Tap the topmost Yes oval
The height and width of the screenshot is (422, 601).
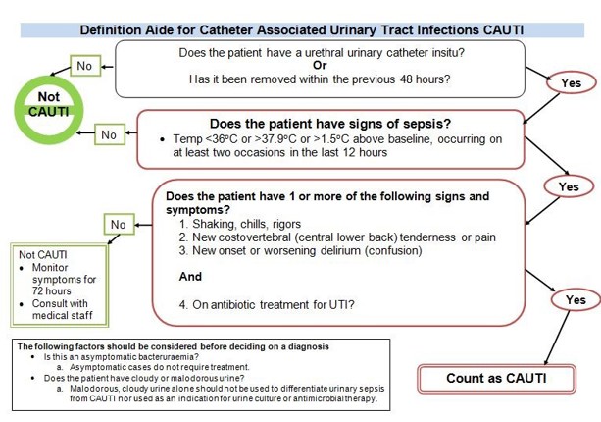point(571,83)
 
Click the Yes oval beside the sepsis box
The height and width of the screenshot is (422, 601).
point(569,186)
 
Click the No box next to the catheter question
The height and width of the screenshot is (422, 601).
point(83,66)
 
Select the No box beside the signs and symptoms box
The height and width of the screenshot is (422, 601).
point(119,225)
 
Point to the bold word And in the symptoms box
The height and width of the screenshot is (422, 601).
point(191,277)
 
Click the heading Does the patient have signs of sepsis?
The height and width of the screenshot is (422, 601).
point(331,124)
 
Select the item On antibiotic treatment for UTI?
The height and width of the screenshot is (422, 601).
point(267,304)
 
